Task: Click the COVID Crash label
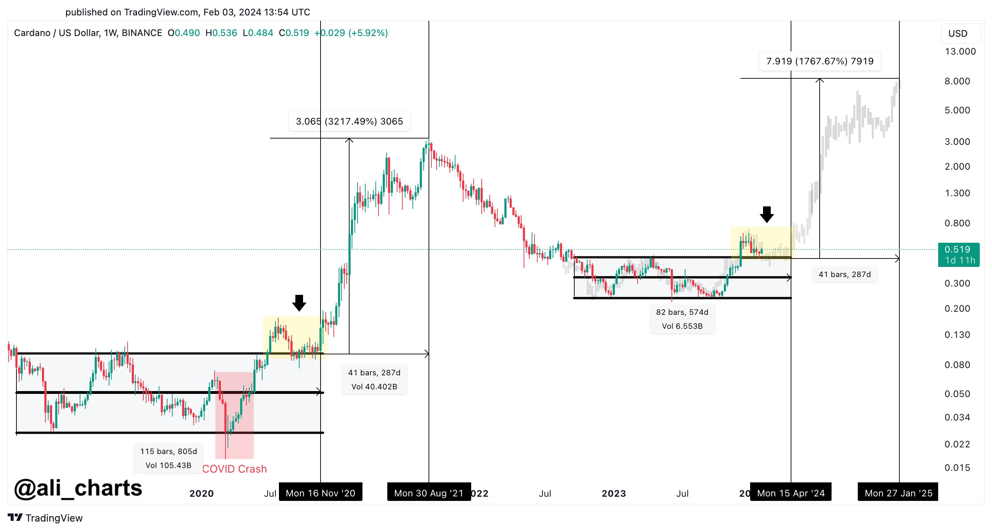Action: [234, 469]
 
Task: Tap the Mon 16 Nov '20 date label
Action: [321, 493]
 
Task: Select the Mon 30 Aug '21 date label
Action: [429, 493]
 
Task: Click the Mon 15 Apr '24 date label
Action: [791, 493]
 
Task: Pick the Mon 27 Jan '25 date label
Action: [898, 493]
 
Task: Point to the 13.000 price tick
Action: [960, 51]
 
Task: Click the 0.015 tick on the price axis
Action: [957, 467]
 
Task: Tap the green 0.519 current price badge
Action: [959, 254]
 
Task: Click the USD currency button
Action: [957, 34]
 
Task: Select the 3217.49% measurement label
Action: [349, 121]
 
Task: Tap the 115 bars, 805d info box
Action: [168, 458]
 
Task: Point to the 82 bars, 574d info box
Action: [682, 319]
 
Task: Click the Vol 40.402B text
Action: [374, 387]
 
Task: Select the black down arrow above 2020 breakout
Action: [299, 303]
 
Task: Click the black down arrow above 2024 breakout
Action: [767, 214]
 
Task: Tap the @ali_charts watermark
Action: [78, 488]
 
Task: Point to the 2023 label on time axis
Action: [613, 493]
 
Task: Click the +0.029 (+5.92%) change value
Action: [351, 33]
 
